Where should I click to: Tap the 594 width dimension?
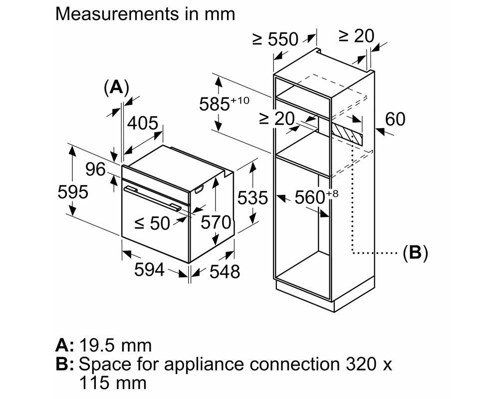[149, 270]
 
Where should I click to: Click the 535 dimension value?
[252, 198]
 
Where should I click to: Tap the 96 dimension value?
[95, 170]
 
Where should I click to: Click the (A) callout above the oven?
[116, 88]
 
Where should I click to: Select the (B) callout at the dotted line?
[415, 253]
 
